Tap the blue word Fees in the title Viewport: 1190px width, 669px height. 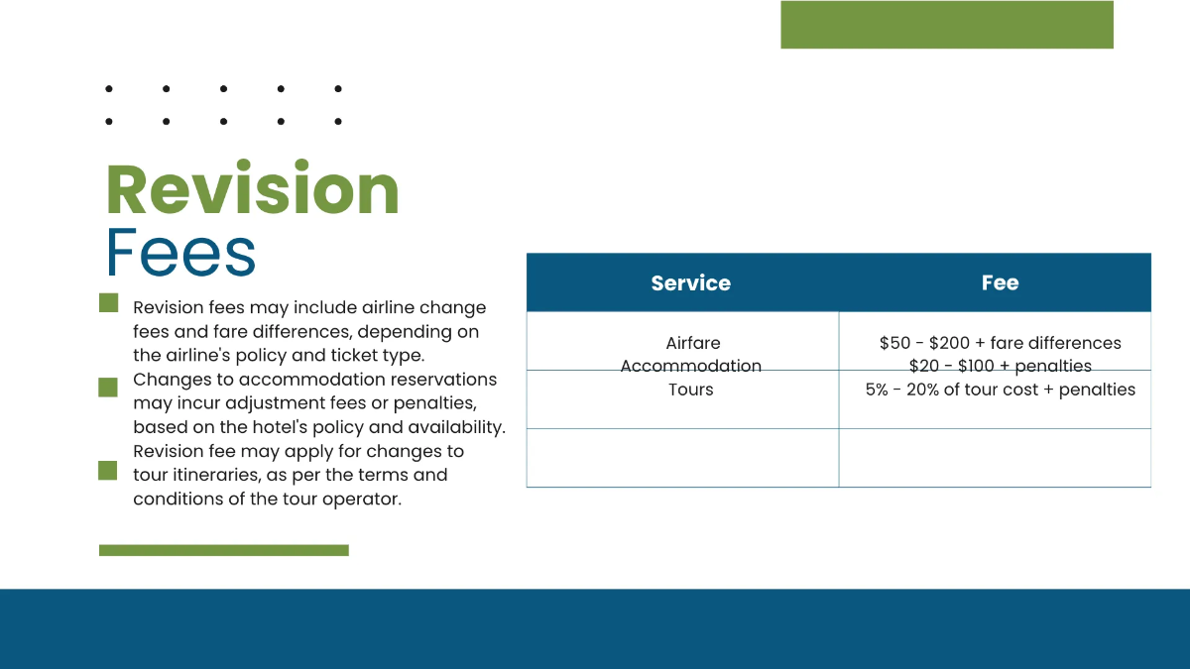[x=180, y=254]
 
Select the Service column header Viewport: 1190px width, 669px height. [x=690, y=282]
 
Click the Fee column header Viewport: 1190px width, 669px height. [x=1000, y=282]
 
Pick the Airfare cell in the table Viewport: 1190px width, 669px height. [x=693, y=343]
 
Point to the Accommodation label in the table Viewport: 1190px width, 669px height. [x=691, y=366]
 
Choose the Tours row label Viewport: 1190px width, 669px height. [x=691, y=390]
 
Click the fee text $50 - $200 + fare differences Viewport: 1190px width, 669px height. [x=1000, y=343]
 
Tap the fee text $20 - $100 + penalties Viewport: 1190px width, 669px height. [x=1000, y=366]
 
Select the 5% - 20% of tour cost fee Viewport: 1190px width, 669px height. [x=1000, y=390]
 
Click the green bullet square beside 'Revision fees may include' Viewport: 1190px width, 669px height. [x=108, y=303]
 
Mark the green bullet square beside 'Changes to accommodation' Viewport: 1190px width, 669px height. [x=108, y=388]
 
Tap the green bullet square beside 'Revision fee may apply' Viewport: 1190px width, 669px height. [x=108, y=471]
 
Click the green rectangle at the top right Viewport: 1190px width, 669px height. [x=947, y=25]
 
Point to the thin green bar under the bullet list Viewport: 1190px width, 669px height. [x=224, y=550]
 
